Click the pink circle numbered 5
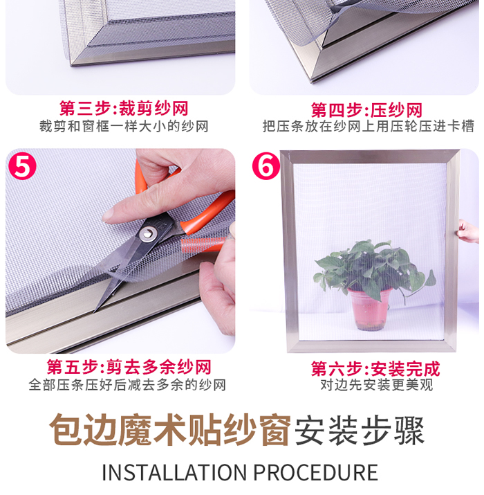pyautogui.click(x=22, y=165)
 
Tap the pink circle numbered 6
pyautogui.click(x=266, y=165)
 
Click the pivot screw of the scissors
pyautogui.click(x=148, y=234)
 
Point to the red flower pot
pyautogui.click(x=369, y=309)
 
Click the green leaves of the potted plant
pyautogui.click(x=372, y=269)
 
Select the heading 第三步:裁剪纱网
pyautogui.click(x=124, y=109)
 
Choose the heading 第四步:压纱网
pyautogui.click(x=366, y=110)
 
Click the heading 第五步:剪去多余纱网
pyautogui.click(x=129, y=367)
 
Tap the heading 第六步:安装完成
pyautogui.click(x=375, y=368)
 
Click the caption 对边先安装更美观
pyautogui.click(x=377, y=385)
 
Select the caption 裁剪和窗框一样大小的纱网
pyautogui.click(x=124, y=127)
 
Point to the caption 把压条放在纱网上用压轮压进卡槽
pyautogui.click(x=369, y=127)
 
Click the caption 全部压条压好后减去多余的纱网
pyautogui.click(x=127, y=385)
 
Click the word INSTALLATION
pyautogui.click(x=175, y=473)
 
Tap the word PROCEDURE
pyautogui.click(x=316, y=473)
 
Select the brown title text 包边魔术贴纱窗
pyautogui.click(x=169, y=430)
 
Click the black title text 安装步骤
pyautogui.click(x=360, y=431)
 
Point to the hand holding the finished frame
pyautogui.click(x=469, y=232)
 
